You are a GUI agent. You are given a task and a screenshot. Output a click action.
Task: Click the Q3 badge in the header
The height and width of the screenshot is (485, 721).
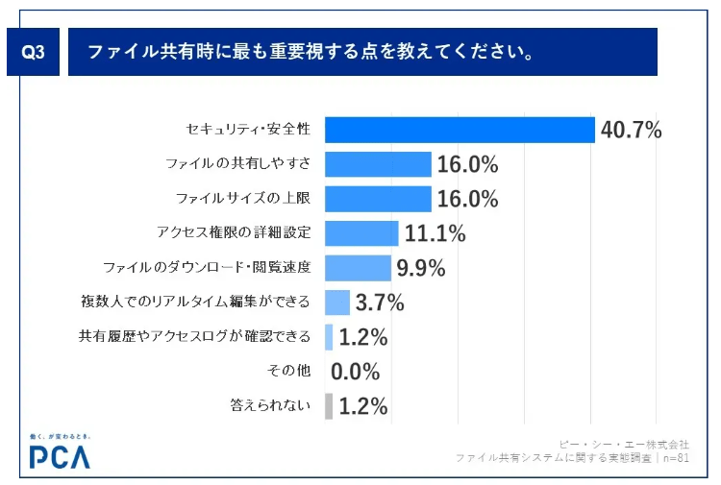(x=35, y=53)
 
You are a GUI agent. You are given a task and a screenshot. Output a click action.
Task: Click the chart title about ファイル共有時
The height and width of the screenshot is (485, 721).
(x=311, y=52)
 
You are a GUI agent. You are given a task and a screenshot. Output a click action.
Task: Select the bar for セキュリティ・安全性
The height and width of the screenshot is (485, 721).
(x=460, y=130)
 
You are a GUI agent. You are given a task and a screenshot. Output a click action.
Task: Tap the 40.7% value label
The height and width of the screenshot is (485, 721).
(x=631, y=130)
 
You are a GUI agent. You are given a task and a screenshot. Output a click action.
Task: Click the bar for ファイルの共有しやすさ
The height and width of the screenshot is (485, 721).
(x=378, y=164)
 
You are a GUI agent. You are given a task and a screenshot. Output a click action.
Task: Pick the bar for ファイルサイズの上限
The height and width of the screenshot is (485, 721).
(x=378, y=199)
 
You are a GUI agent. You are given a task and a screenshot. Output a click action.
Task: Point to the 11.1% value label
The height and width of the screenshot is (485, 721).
(x=435, y=233)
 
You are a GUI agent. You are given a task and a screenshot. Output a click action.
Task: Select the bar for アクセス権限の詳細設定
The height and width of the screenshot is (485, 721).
(x=361, y=233)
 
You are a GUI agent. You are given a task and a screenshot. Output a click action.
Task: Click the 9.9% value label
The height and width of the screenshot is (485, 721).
(x=421, y=268)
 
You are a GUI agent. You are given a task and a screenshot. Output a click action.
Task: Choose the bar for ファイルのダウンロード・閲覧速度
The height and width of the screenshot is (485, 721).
(x=358, y=268)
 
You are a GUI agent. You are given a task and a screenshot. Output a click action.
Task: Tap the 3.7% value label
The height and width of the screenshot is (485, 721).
(x=380, y=303)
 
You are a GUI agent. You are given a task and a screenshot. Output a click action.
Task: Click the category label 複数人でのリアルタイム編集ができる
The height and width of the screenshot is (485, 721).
(x=195, y=303)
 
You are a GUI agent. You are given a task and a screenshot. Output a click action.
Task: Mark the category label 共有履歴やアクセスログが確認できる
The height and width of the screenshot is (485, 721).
(x=194, y=337)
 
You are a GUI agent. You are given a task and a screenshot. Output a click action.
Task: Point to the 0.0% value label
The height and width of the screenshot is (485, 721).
(x=356, y=372)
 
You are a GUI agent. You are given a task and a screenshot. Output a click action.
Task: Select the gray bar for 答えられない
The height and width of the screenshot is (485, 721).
(x=329, y=406)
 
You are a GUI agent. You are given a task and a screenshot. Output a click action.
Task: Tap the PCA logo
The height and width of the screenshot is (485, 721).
(x=60, y=453)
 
